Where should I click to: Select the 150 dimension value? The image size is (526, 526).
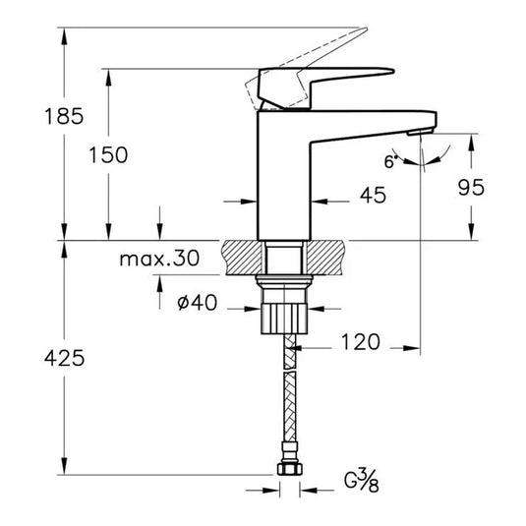point(107,154)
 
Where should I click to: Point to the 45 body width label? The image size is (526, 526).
point(373,196)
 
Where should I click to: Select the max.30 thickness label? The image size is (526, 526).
point(158,260)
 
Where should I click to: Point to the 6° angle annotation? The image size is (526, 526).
point(391,161)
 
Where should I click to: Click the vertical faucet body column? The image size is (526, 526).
point(284,177)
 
